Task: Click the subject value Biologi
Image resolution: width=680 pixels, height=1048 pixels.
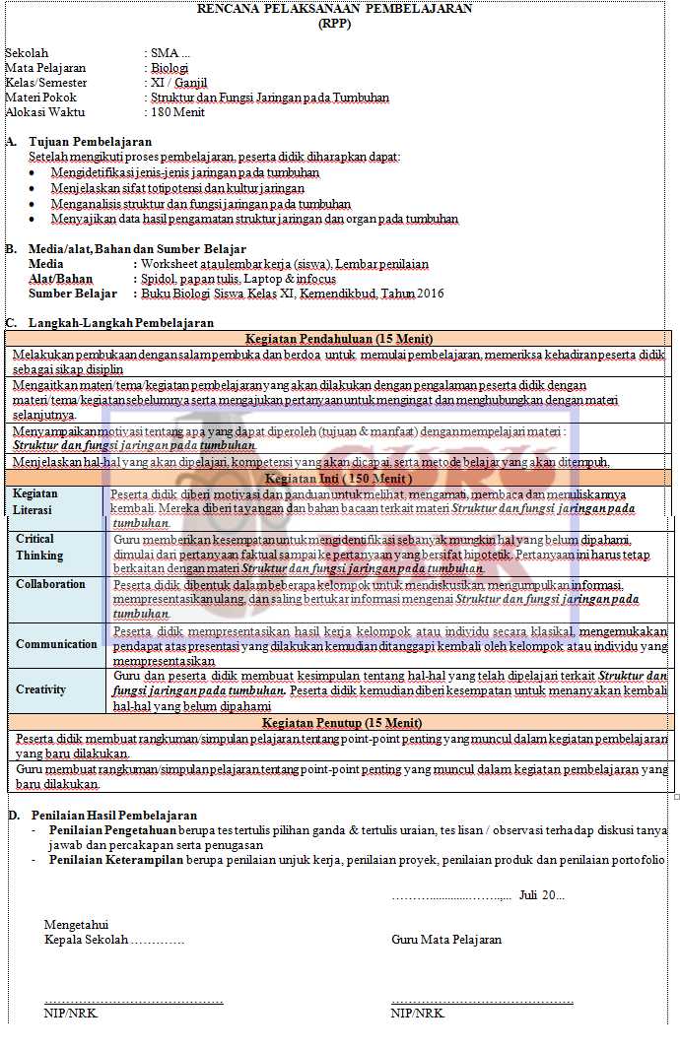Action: click(170, 68)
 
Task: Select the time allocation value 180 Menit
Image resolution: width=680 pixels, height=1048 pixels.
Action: click(178, 112)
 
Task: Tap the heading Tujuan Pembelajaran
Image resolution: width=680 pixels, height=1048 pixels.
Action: click(91, 142)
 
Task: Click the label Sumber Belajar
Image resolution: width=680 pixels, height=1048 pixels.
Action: click(73, 293)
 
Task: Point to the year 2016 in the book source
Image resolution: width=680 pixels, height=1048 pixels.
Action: click(431, 293)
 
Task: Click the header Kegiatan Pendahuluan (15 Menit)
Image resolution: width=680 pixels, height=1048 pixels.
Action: click(339, 338)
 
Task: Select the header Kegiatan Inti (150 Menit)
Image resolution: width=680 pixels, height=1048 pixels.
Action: click(339, 478)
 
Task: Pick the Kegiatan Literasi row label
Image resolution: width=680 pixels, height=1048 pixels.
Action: click(36, 501)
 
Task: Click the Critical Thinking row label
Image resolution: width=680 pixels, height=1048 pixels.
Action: click(39, 547)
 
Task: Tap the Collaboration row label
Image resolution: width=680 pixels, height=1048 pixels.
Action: click(50, 584)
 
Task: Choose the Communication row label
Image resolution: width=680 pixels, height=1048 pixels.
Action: click(56, 644)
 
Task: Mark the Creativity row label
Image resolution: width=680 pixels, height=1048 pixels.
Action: click(41, 689)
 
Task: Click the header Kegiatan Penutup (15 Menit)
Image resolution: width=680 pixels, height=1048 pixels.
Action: click(339, 723)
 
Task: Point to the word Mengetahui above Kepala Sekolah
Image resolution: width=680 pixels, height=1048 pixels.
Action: click(76, 924)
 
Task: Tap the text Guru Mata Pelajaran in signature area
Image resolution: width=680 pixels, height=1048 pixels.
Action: click(446, 940)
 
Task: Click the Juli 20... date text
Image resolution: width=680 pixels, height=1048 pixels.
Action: click(541, 895)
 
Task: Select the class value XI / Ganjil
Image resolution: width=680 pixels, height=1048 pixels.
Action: click(179, 83)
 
